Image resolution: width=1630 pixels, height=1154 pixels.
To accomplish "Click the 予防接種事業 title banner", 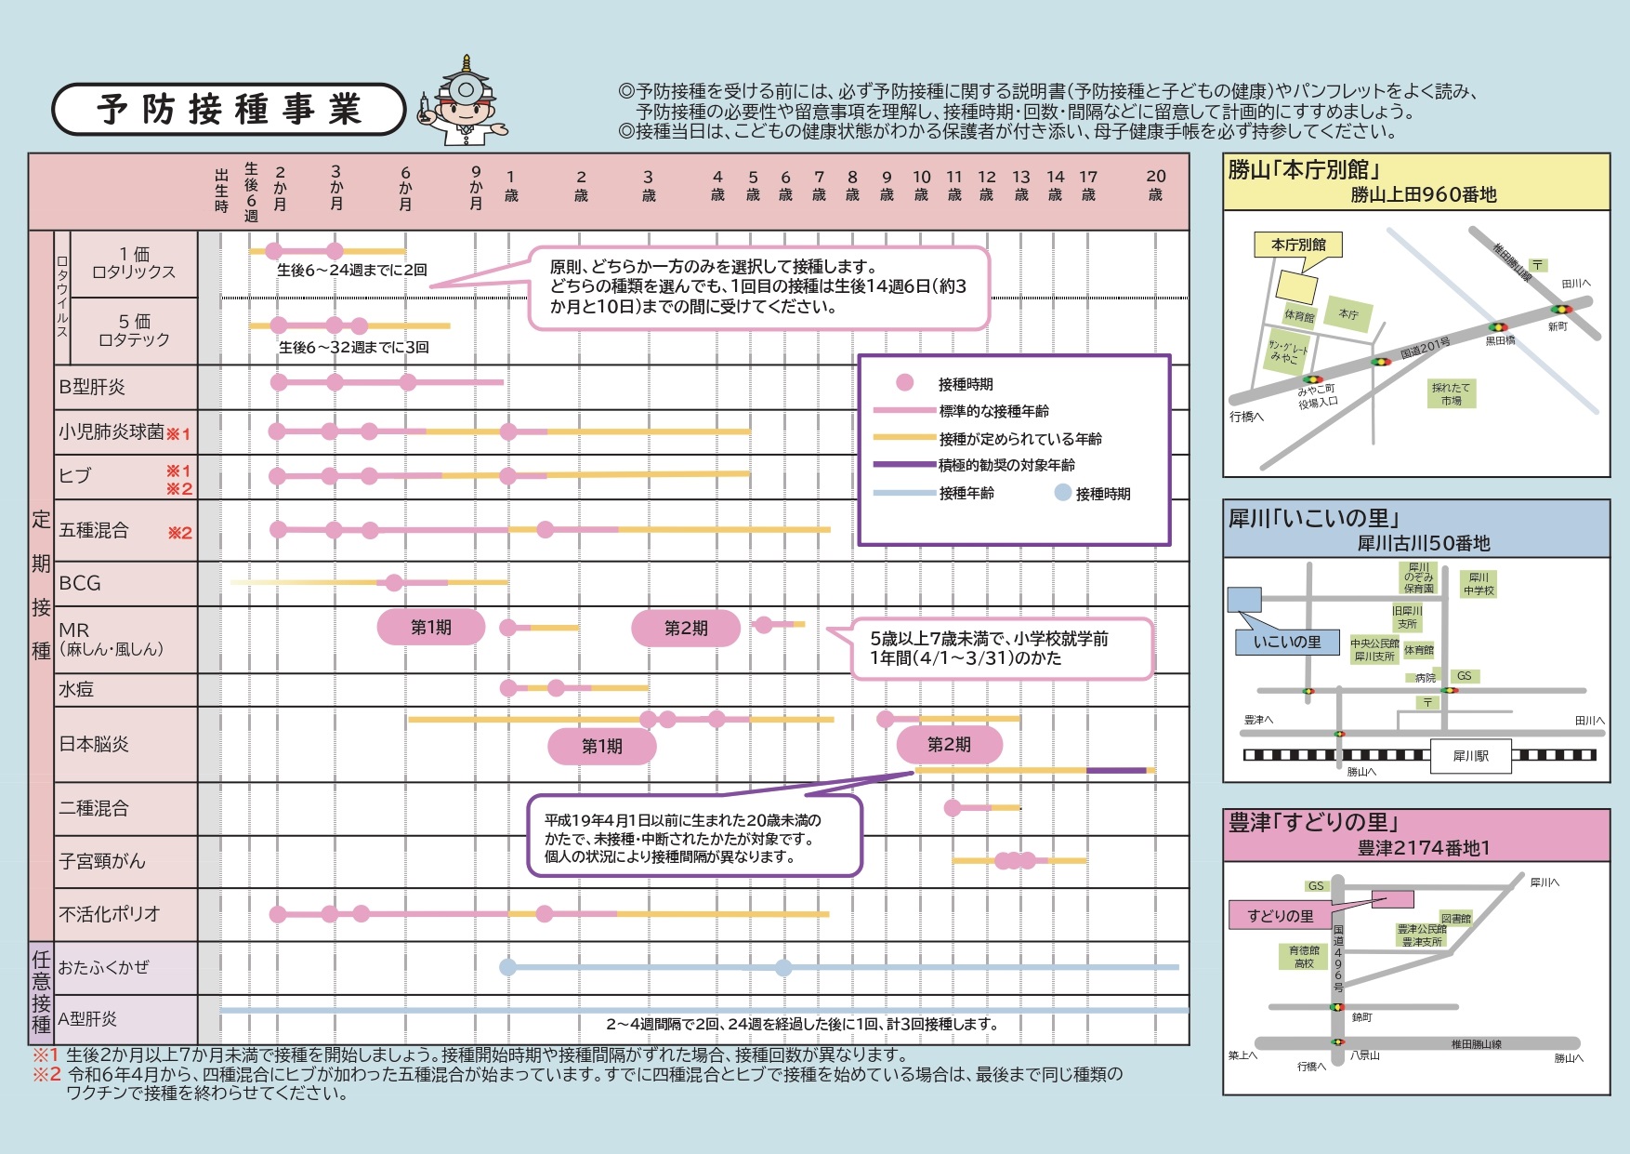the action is click(229, 110).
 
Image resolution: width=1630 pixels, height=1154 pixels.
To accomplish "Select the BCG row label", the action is click(80, 583).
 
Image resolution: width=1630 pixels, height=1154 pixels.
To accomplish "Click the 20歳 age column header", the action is click(1155, 185).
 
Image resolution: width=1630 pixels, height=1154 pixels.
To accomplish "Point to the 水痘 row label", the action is click(76, 689).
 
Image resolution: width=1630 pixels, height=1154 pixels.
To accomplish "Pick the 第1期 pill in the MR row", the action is click(431, 628).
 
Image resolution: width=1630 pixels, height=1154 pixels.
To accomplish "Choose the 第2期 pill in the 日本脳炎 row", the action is click(950, 745).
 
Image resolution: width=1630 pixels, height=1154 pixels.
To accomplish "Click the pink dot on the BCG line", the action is click(394, 583).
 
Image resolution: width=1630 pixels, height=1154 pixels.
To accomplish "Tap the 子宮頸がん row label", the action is click(102, 861).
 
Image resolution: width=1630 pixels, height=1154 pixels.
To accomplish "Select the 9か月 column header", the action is click(476, 187).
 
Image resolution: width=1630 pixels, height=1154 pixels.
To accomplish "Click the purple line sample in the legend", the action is click(904, 465).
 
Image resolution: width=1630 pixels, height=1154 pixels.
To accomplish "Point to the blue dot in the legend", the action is click(1062, 493).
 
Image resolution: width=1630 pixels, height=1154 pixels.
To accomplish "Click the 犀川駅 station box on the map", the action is click(1471, 756).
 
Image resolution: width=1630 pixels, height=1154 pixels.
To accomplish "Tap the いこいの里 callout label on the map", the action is click(1287, 642).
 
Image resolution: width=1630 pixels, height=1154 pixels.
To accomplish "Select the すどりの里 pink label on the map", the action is click(1281, 916).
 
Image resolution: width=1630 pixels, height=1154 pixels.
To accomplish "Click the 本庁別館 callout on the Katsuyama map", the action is click(1299, 245).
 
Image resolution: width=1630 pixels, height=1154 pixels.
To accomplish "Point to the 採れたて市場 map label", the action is click(1452, 393).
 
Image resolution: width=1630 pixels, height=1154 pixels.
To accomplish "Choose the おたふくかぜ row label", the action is click(103, 967).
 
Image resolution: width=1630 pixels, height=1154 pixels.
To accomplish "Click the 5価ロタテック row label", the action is click(134, 331).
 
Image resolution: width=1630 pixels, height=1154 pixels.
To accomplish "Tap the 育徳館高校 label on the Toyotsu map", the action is click(1304, 957).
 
